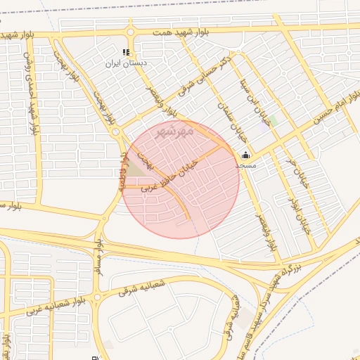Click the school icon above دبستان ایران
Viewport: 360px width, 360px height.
click(x=126, y=53)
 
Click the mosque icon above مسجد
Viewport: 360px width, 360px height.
click(x=245, y=155)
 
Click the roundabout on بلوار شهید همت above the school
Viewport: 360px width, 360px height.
click(x=130, y=32)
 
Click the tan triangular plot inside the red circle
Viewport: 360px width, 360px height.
click(x=134, y=169)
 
